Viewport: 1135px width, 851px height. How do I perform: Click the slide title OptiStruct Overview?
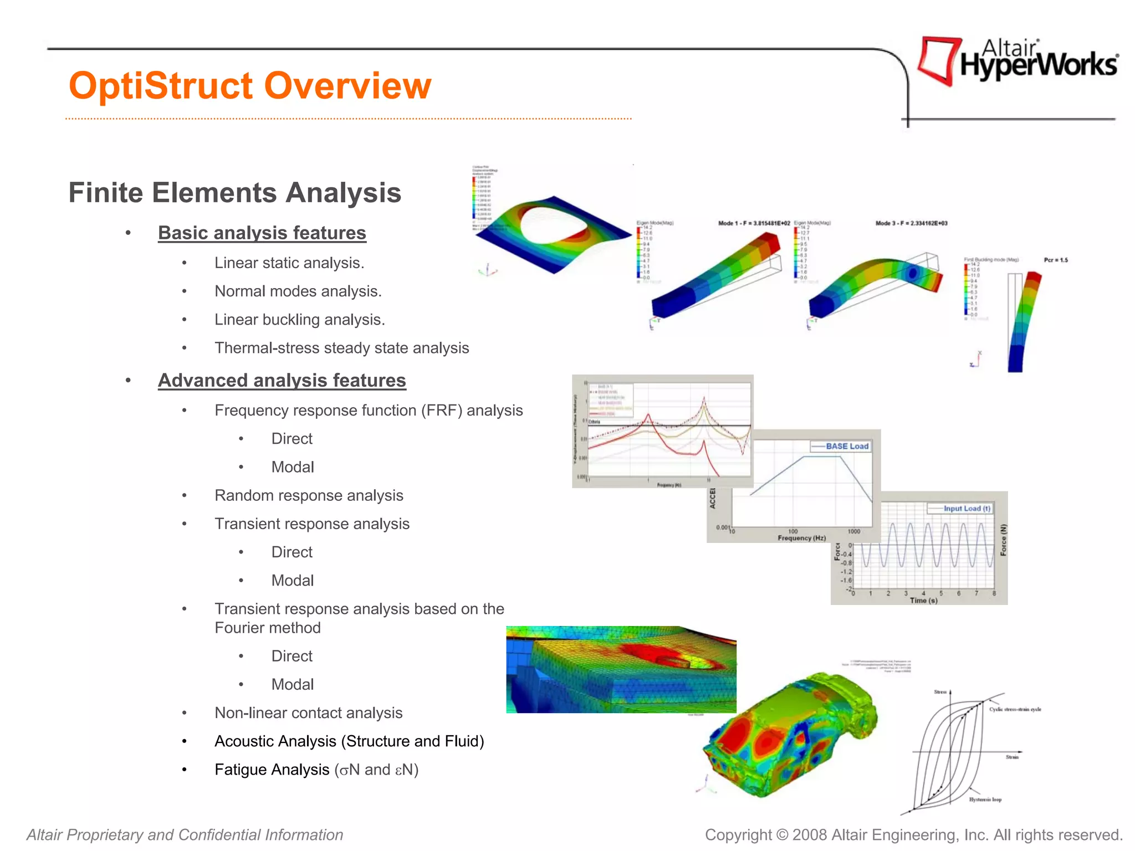click(x=249, y=86)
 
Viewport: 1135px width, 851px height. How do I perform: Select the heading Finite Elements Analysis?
click(x=234, y=193)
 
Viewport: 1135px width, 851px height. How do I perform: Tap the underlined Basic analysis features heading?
click(x=262, y=233)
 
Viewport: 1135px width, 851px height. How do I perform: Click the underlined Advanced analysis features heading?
click(x=282, y=381)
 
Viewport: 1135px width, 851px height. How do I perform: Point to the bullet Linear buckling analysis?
click(x=299, y=320)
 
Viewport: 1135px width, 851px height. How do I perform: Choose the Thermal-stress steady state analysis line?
click(x=341, y=348)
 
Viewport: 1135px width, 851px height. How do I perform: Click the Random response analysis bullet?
click(x=309, y=495)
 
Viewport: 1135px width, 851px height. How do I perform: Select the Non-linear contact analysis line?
click(x=308, y=712)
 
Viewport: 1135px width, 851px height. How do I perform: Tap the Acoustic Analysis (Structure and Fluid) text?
click(x=349, y=741)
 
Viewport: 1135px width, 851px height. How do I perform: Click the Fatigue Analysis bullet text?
click(x=316, y=770)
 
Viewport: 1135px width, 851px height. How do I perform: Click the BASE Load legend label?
click(x=846, y=446)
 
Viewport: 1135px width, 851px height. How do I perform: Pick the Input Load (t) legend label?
click(x=967, y=508)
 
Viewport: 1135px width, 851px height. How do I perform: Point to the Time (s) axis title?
click(x=923, y=601)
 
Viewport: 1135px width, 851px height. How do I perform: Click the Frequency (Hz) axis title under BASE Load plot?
click(x=801, y=538)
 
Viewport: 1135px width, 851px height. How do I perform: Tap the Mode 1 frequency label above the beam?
click(x=754, y=223)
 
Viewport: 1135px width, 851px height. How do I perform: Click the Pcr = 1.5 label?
click(x=1055, y=260)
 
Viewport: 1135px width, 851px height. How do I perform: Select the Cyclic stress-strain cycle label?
click(x=1015, y=709)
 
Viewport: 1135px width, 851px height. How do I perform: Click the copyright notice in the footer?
click(x=913, y=835)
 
